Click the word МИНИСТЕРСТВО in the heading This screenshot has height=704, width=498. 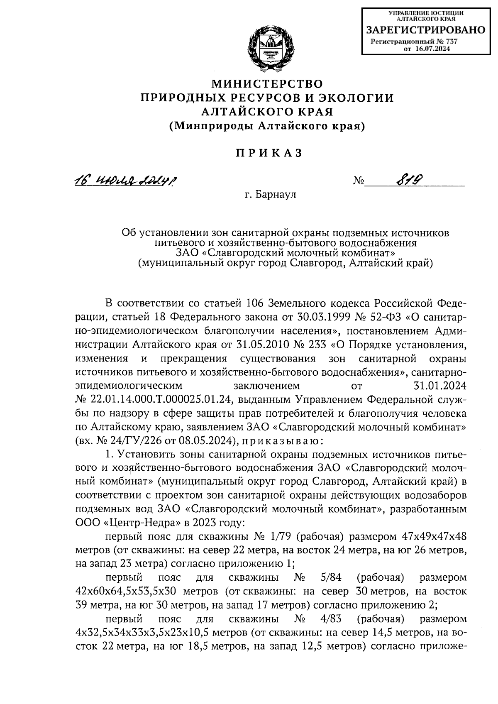pyautogui.click(x=267, y=84)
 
